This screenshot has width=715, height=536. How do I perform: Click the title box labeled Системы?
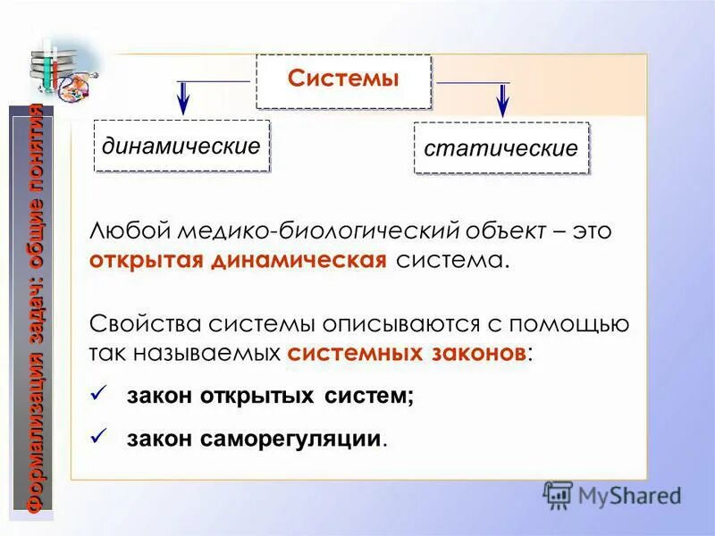tap(343, 80)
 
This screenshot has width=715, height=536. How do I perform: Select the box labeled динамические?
tap(181, 146)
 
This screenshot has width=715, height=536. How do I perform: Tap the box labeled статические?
tap(500, 148)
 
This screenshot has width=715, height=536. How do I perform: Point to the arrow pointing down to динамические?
tap(183, 97)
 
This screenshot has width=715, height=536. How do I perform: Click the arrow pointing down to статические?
tap(502, 99)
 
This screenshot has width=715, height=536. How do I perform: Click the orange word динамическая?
tap(299, 260)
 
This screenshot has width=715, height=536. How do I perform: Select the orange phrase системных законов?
tap(407, 352)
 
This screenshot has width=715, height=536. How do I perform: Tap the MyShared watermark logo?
tap(612, 495)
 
